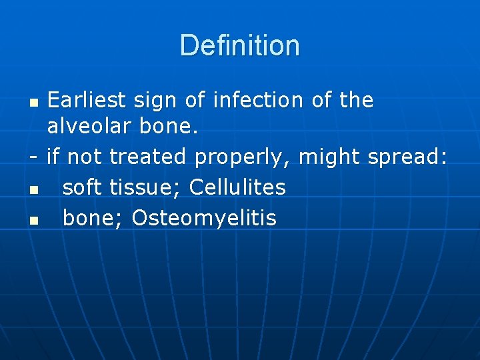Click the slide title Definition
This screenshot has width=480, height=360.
tap(240, 45)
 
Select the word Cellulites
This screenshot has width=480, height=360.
tap(237, 187)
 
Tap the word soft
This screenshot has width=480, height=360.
tap(81, 187)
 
